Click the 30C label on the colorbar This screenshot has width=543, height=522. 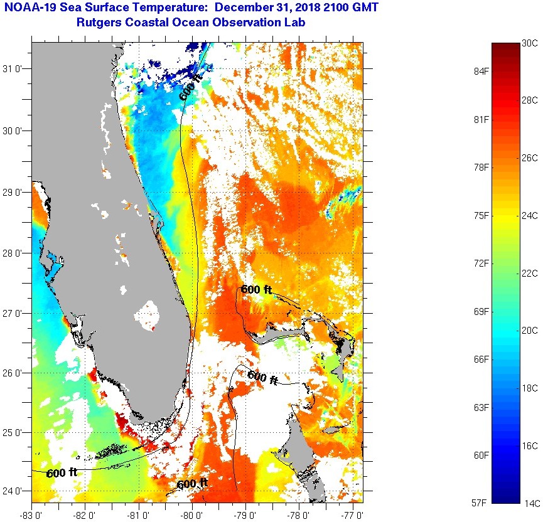pos(530,43)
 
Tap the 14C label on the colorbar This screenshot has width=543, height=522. pos(530,503)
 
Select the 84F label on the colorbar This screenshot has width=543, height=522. pos(481,71)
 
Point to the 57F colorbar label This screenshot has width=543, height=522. pos(481,503)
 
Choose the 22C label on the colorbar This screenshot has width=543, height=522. pos(530,273)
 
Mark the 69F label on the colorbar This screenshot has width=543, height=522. pos(481,311)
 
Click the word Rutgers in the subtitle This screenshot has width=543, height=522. pos(98,23)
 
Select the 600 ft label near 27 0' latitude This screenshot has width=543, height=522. pos(256,290)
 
